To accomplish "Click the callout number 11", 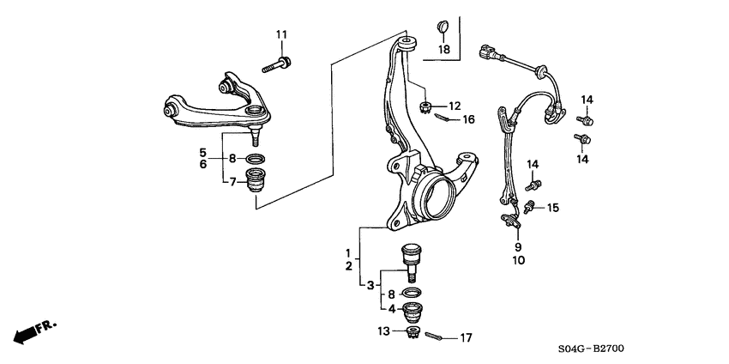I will click(281, 33).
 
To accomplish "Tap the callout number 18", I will click(444, 50).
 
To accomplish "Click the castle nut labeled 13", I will click(412, 332).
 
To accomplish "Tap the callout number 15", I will click(552, 208).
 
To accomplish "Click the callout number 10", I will click(518, 259).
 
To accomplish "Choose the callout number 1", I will click(348, 253).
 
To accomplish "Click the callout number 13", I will click(385, 331).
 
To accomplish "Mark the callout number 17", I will click(466, 337).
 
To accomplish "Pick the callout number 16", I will click(468, 120).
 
